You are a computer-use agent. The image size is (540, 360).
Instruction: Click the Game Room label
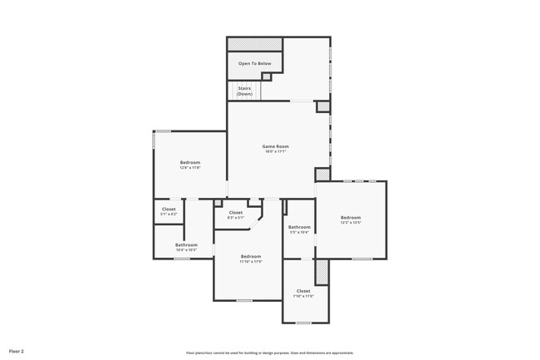[x=276, y=146]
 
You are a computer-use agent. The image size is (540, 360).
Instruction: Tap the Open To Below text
[x=254, y=63]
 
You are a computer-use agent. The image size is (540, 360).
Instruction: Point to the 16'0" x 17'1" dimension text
[x=276, y=151]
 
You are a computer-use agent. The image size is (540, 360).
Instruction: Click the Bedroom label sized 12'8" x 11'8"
[x=190, y=162]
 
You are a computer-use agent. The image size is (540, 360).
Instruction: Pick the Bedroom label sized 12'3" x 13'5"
[x=351, y=217]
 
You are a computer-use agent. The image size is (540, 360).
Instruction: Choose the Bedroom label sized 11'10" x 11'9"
[x=251, y=256]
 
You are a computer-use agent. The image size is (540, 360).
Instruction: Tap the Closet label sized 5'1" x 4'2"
[x=169, y=209]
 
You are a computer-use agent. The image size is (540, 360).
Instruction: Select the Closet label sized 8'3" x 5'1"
[x=236, y=212]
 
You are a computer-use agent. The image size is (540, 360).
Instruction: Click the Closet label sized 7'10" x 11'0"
[x=303, y=290]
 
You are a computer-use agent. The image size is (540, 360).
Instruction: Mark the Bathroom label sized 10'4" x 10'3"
[x=186, y=244]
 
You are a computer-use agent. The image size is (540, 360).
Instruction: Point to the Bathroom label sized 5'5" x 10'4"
[x=299, y=227]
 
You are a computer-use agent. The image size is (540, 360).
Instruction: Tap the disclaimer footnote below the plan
[x=269, y=353]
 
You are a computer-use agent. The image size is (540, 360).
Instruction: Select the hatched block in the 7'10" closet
[x=322, y=271]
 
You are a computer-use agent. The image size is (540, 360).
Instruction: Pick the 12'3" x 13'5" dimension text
[x=351, y=222]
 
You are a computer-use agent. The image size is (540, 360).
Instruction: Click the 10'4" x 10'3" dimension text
[x=186, y=249]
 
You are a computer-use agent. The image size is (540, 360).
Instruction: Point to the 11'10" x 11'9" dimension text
[x=251, y=261]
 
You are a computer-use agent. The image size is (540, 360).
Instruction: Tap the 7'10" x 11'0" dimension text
[x=303, y=295]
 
